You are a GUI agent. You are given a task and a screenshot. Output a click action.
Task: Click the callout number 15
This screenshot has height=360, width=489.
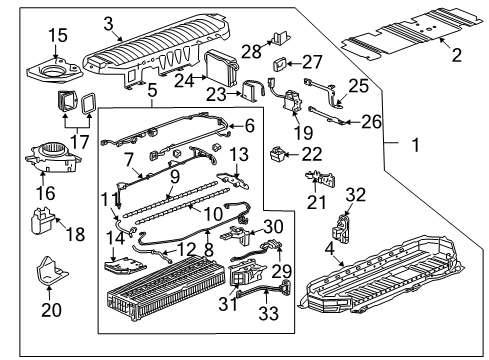click(x=31, y=36)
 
